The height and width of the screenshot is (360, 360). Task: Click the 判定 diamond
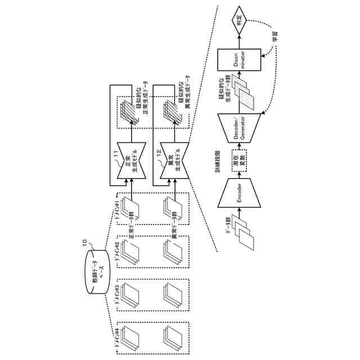[240, 20]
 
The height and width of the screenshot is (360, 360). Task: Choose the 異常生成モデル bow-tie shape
[171, 161]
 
